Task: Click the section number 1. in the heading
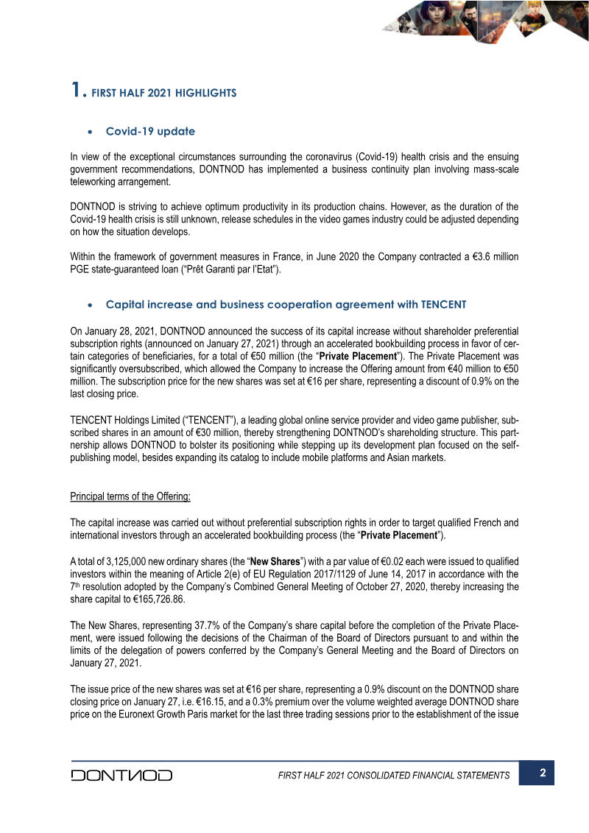(x=78, y=91)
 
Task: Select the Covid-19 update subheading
(x=150, y=132)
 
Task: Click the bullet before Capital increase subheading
(x=89, y=305)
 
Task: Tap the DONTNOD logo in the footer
(x=121, y=775)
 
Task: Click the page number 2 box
(x=542, y=773)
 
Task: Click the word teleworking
(x=99, y=183)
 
